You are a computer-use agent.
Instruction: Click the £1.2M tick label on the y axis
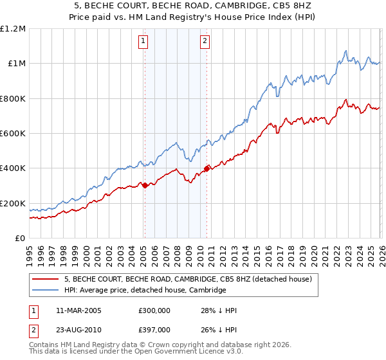tap(13, 29)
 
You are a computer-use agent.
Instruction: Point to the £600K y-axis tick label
tap(13, 134)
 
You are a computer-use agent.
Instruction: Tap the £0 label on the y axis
tap(19, 239)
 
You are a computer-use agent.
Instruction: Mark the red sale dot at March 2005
tap(145, 186)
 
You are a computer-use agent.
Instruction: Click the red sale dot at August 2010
tap(207, 169)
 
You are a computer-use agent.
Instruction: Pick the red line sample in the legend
tap(45, 279)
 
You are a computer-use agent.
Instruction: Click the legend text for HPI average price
tap(145, 290)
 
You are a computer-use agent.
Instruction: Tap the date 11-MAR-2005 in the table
tap(79, 310)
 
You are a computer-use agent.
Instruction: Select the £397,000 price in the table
tap(154, 329)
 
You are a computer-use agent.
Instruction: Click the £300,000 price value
tap(154, 310)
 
